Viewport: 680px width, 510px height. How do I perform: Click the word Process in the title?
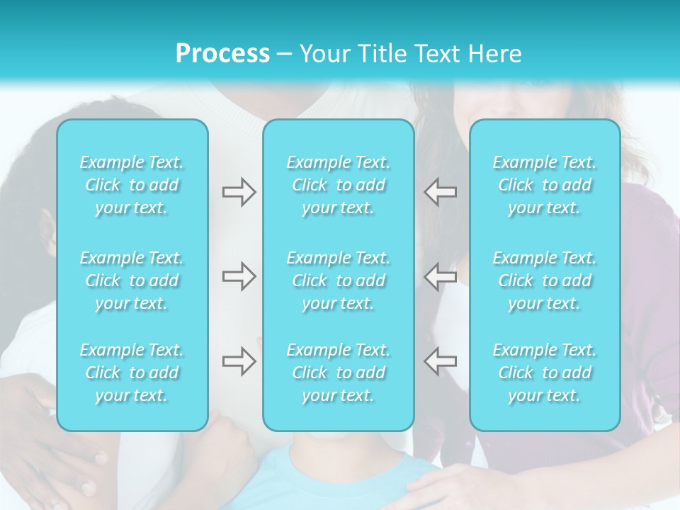pos(222,54)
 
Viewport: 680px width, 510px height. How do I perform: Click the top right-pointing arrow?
pos(239,191)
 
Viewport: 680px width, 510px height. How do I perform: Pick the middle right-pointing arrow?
pos(239,276)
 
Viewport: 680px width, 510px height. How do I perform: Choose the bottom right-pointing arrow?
pos(239,361)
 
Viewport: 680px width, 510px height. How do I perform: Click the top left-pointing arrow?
pos(440,191)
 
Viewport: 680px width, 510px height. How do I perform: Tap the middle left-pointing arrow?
pos(440,276)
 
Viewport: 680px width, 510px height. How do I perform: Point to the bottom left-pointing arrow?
pos(440,361)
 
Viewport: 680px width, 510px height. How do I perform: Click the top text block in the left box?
pos(132,185)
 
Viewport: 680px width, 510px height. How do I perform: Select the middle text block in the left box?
pos(132,280)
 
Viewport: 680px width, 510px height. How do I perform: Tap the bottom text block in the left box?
pos(132,373)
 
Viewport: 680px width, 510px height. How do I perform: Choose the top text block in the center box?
pos(339,185)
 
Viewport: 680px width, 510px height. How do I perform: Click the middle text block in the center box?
pos(339,280)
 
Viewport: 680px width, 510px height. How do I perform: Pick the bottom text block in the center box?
pos(339,373)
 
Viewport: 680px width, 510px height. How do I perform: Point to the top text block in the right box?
pos(545,185)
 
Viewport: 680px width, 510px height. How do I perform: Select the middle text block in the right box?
pos(545,280)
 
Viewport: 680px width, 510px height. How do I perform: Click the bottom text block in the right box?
pos(545,373)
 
